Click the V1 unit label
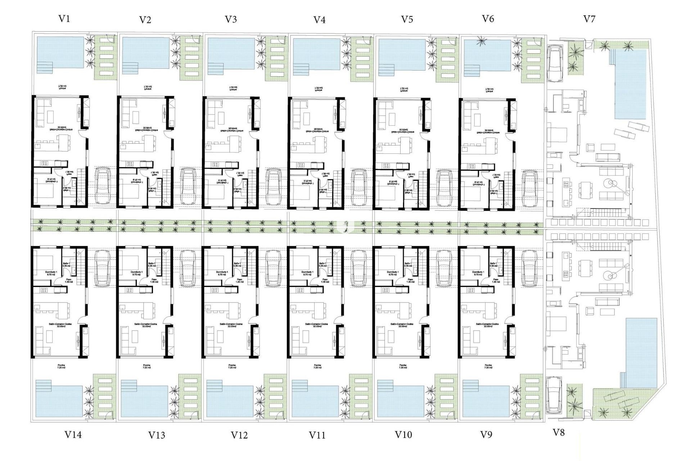pyautogui.click(x=64, y=19)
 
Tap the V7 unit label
pyautogui.click(x=589, y=19)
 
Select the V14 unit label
pyautogui.click(x=73, y=435)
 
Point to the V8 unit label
pyautogui.click(x=558, y=433)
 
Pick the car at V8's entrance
pyautogui.click(x=554, y=395)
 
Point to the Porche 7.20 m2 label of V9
pyautogui.click(x=488, y=366)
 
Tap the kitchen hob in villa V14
pyautogui.click(x=44, y=290)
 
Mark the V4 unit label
pyautogui.click(x=319, y=20)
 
